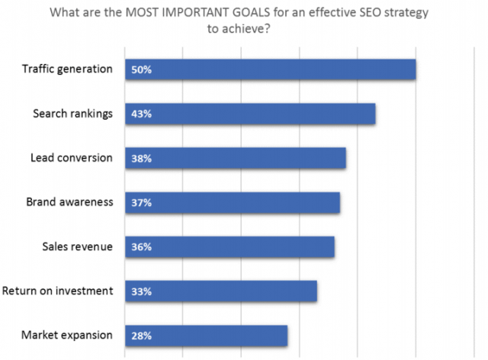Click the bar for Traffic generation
click(x=270, y=69)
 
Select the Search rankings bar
click(x=250, y=114)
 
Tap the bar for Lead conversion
click(x=235, y=158)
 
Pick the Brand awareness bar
click(x=232, y=202)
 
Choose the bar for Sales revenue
click(x=230, y=246)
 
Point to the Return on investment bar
click(x=220, y=291)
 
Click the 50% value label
click(x=142, y=69)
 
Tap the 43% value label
click(x=142, y=114)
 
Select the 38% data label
click(x=142, y=158)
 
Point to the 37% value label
click(x=142, y=202)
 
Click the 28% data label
click(x=142, y=335)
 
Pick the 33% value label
click(x=142, y=291)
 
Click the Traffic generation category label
click(x=67, y=69)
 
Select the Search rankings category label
click(x=72, y=113)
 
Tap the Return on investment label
click(x=58, y=290)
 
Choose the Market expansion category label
click(x=67, y=334)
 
